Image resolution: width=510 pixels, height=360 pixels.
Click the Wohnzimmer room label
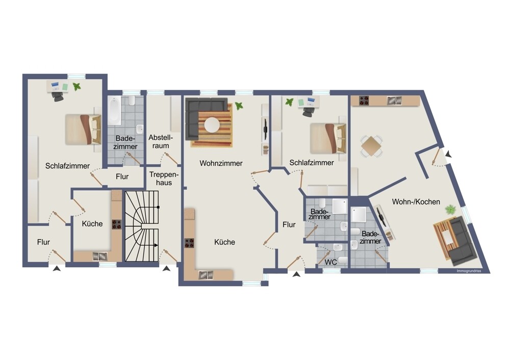coord(221,163)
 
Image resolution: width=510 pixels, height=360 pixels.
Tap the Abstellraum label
coord(161,142)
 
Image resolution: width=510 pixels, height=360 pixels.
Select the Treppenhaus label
coord(161,178)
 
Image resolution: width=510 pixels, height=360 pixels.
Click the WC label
coord(331,263)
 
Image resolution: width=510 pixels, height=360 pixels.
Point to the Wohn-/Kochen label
coord(416,202)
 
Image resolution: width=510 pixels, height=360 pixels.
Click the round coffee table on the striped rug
coord(212,124)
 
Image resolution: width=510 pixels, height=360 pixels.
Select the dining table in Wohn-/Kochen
coord(371,146)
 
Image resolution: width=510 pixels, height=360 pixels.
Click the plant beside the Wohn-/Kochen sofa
coord(451,209)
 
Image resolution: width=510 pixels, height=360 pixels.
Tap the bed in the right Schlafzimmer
coord(328,138)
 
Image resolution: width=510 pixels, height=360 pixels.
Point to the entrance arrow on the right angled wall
coord(447,153)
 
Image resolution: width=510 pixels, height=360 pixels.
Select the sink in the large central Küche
coord(206,275)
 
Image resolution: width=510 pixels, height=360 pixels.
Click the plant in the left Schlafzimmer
coord(76,87)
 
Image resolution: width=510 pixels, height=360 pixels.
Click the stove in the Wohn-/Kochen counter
coord(364,100)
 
